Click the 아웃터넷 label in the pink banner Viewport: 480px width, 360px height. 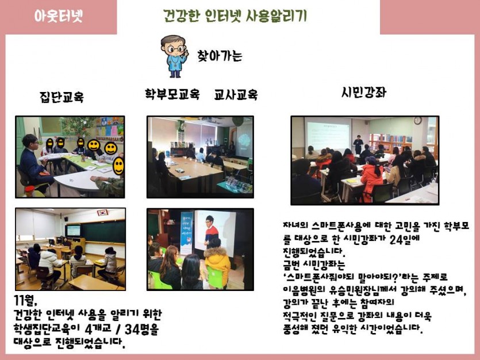click(x=58, y=16)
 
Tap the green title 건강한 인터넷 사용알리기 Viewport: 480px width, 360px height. click(x=235, y=16)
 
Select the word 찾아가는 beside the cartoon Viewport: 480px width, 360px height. click(x=220, y=56)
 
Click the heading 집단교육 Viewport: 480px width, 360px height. click(x=62, y=97)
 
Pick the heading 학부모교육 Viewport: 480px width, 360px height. click(x=172, y=94)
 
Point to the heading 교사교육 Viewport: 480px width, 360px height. click(x=236, y=94)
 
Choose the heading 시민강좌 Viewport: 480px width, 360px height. click(x=364, y=93)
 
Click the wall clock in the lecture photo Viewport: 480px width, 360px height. click(x=417, y=120)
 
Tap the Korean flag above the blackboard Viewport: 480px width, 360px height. click(x=102, y=213)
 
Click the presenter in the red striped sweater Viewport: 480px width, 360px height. click(x=211, y=231)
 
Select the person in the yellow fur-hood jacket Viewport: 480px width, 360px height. click(x=217, y=266)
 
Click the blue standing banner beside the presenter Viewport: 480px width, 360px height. click(x=186, y=233)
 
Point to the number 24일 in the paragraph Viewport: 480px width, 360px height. click(x=404, y=239)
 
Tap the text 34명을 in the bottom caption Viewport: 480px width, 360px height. click(x=141, y=330)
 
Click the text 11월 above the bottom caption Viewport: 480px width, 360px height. click(x=25, y=301)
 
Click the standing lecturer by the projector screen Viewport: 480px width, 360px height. click(x=358, y=144)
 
